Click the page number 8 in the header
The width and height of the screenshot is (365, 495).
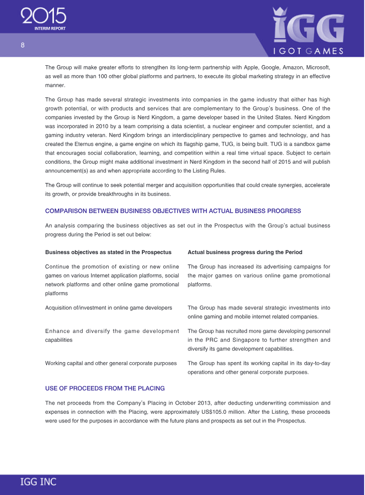click(x=22, y=45)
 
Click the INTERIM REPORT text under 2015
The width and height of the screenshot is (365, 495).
click(x=50, y=28)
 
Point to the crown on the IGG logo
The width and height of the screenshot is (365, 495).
click(x=279, y=12)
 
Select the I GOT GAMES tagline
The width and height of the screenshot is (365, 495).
click(x=308, y=51)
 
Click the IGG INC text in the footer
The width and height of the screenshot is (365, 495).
click(x=38, y=481)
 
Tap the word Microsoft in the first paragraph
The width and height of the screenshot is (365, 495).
click(x=316, y=68)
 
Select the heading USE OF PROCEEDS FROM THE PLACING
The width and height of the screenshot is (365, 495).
click(x=105, y=388)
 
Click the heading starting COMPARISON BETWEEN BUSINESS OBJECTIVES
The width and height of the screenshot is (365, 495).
click(x=173, y=211)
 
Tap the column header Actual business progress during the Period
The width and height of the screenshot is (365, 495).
click(x=245, y=252)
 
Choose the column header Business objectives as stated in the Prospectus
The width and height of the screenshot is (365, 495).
click(x=108, y=252)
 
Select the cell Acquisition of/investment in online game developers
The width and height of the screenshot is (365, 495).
click(x=109, y=308)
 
